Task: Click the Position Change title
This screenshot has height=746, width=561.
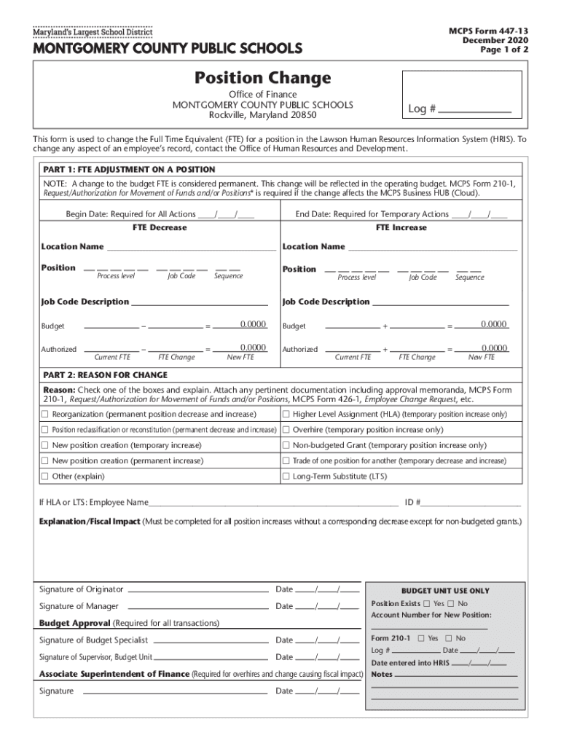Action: coord(262,78)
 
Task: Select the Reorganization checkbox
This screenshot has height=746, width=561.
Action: coord(45,415)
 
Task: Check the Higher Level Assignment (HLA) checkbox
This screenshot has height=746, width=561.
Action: coord(286,415)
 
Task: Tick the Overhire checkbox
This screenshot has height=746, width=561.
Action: coord(286,430)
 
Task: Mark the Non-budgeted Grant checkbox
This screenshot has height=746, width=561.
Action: coord(286,445)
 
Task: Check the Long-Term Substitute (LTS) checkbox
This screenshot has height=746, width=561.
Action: coord(286,476)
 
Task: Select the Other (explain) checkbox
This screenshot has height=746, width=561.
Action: coord(45,476)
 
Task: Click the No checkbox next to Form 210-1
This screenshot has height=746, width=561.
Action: coord(450,638)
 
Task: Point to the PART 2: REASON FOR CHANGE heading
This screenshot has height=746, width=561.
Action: coord(106,375)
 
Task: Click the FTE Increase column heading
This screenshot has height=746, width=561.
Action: coord(401,228)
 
